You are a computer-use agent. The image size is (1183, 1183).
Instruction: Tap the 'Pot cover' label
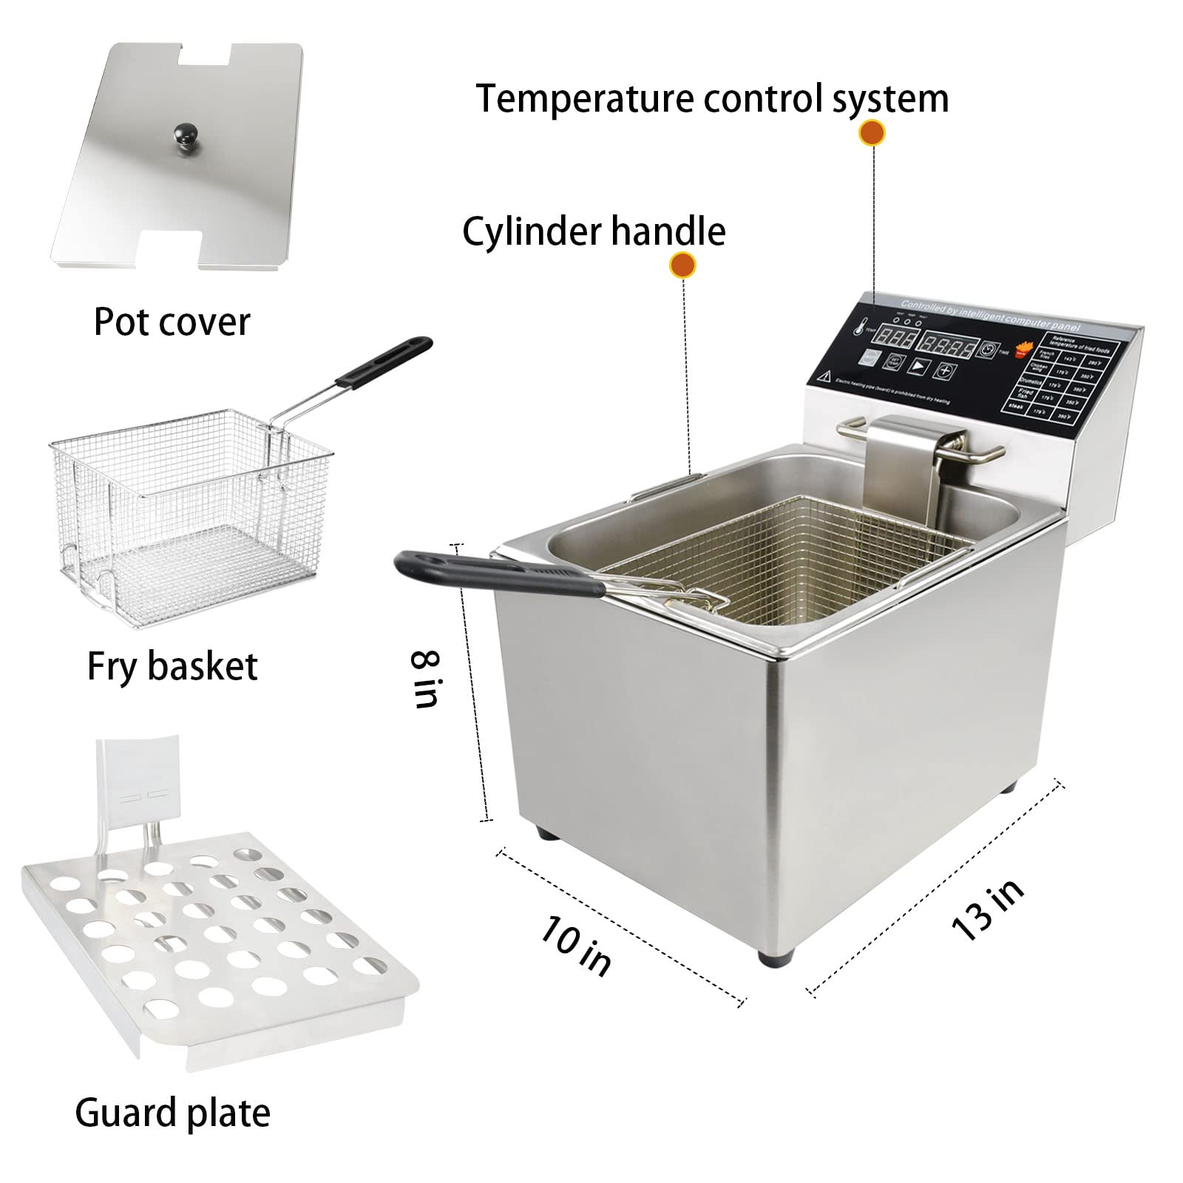tap(172, 322)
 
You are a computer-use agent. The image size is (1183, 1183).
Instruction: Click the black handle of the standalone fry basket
tap(383, 362)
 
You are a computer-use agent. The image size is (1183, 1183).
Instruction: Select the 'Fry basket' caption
tap(172, 665)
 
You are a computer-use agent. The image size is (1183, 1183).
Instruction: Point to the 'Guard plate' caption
tap(172, 1113)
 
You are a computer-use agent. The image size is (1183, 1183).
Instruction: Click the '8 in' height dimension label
tap(427, 679)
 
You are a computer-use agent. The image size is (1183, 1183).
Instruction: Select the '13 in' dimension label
tap(989, 909)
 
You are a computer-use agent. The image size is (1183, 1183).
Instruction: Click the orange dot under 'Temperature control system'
tap(872, 133)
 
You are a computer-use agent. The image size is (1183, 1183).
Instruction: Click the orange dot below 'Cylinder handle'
tap(682, 265)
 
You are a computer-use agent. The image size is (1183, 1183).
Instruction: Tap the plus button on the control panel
tap(944, 370)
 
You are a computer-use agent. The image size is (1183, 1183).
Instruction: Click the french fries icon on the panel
tap(1025, 349)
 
